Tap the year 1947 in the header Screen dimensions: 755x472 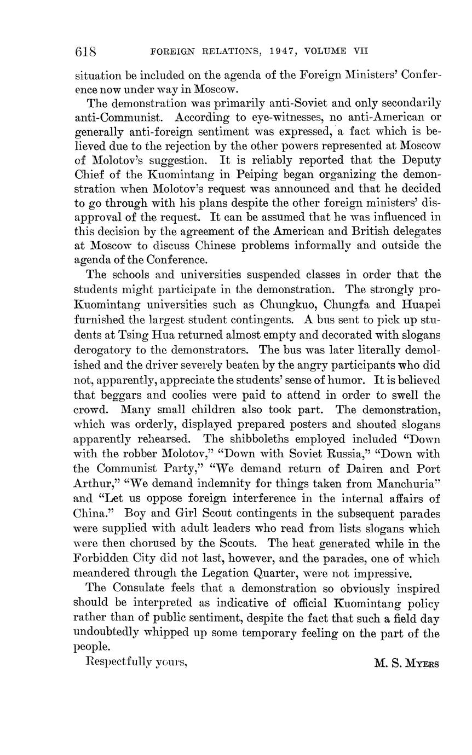click(x=281, y=51)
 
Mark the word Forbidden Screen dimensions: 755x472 click(x=101, y=559)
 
